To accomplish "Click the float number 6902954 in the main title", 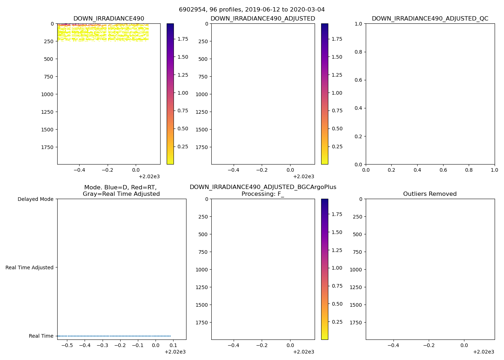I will [191, 10].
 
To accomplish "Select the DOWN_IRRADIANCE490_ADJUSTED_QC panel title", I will [430, 19].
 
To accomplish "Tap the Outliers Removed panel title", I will [430, 194].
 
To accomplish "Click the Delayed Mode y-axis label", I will [35, 199].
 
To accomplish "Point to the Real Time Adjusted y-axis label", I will [30, 267].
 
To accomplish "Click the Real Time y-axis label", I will [41, 336].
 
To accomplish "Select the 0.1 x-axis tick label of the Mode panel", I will [173, 345].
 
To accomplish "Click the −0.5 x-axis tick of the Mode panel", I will [67, 345].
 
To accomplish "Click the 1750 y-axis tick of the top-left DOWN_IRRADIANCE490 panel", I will [47, 147].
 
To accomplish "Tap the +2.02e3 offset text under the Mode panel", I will [175, 352].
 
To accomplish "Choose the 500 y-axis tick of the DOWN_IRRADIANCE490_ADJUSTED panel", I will [203, 59].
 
